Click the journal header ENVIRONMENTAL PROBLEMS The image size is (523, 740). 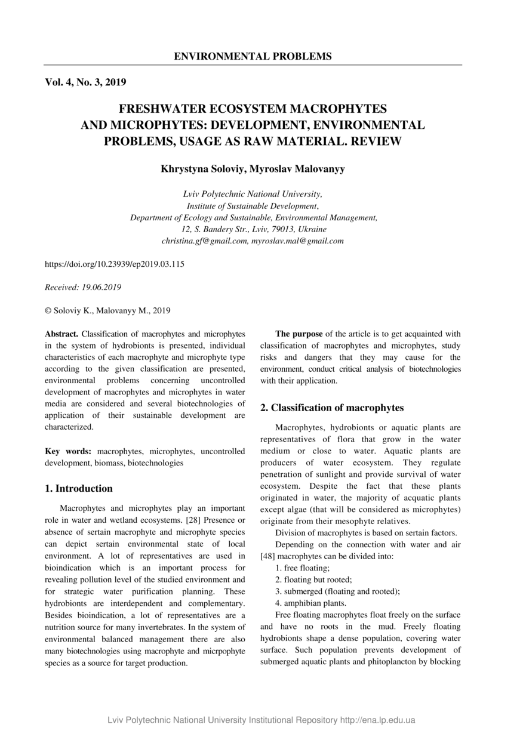[253, 57]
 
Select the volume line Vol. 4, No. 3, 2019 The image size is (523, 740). [85, 82]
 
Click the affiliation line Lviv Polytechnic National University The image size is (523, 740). [253, 194]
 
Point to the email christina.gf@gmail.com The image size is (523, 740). [205, 241]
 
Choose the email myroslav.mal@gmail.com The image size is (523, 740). [297, 241]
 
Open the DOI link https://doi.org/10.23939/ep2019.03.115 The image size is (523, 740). [115, 264]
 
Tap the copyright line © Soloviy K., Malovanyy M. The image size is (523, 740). [107, 310]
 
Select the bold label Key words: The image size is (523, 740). [68, 451]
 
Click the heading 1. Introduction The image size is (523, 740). [79, 488]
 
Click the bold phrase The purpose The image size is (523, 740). [299, 334]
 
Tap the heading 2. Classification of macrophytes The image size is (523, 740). [332, 408]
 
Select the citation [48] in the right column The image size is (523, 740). [267, 556]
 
